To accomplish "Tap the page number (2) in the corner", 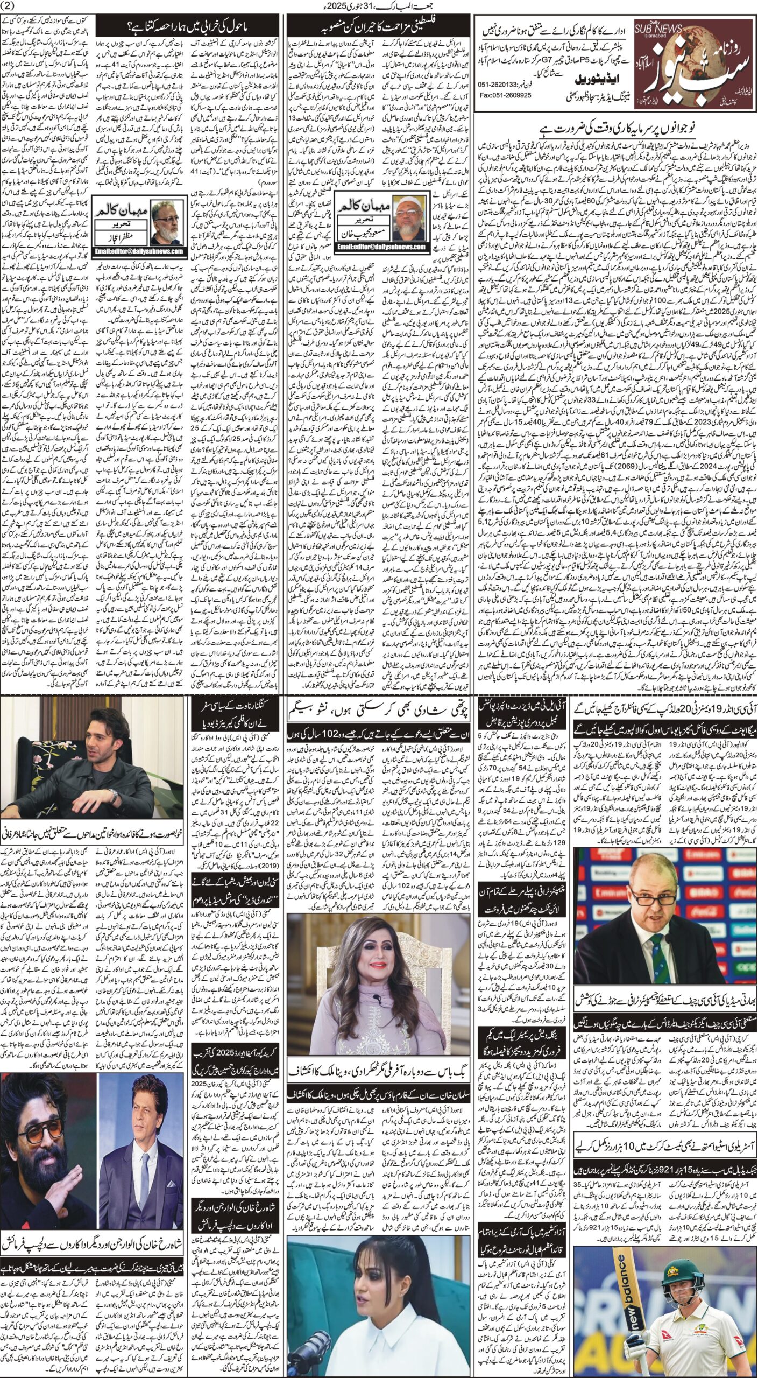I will click(10, 6).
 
